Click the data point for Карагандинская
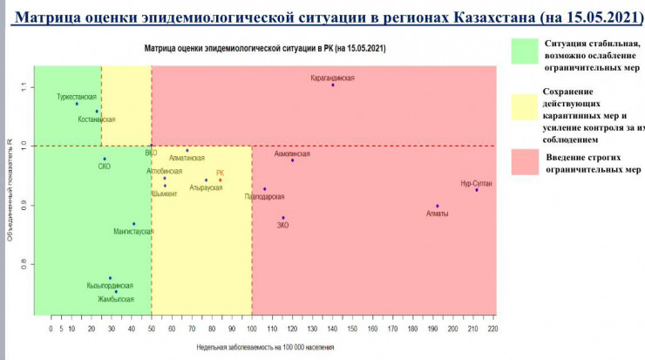click(x=332, y=85)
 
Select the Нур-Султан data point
click(x=477, y=189)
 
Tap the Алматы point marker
click(x=438, y=207)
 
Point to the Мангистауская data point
click(x=133, y=224)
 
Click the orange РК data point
click(x=221, y=180)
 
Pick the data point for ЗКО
click(x=283, y=218)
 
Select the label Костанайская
click(x=97, y=119)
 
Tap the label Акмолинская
click(x=292, y=153)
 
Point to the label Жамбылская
click(x=116, y=299)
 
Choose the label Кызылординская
click(x=110, y=286)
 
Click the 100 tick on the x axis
click(x=252, y=329)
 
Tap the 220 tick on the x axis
click(x=493, y=329)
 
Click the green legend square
click(x=526, y=52)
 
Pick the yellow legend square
click(x=526, y=113)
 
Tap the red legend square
click(x=526, y=160)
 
